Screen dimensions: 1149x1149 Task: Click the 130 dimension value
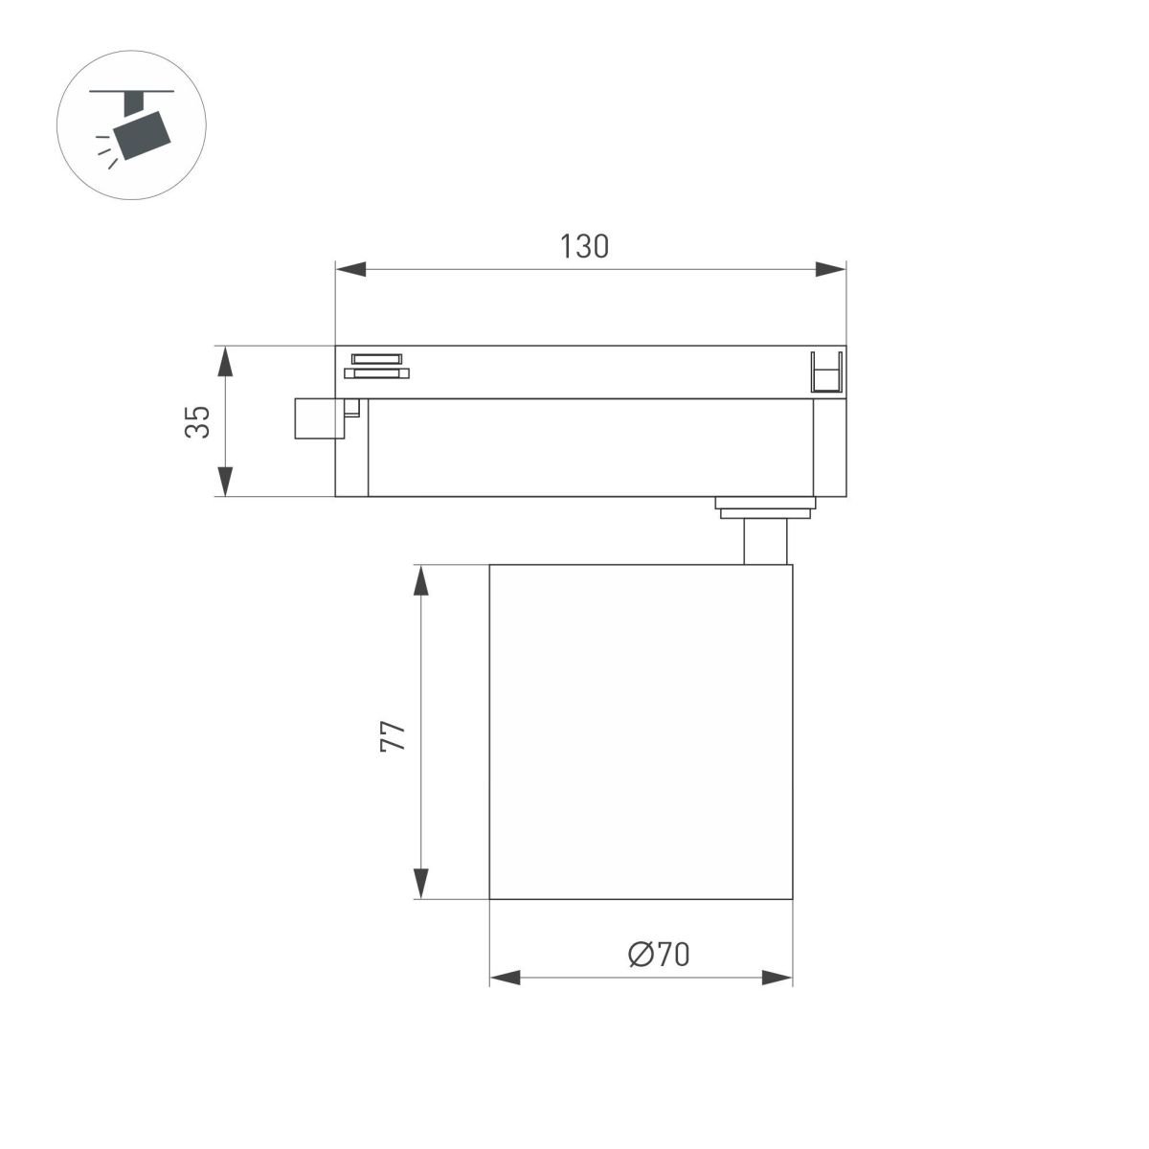click(584, 246)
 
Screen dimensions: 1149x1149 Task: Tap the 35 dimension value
click(197, 421)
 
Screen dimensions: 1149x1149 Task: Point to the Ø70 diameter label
click(659, 954)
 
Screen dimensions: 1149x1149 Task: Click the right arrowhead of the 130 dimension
click(830, 270)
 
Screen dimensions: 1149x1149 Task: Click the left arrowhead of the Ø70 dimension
click(506, 978)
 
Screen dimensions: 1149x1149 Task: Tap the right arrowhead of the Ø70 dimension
click(777, 978)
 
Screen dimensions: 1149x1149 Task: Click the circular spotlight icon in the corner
click(132, 125)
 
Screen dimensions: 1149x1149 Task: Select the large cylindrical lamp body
click(641, 732)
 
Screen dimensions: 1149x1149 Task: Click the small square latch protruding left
click(316, 418)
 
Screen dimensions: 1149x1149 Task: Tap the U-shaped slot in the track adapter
click(826, 372)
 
